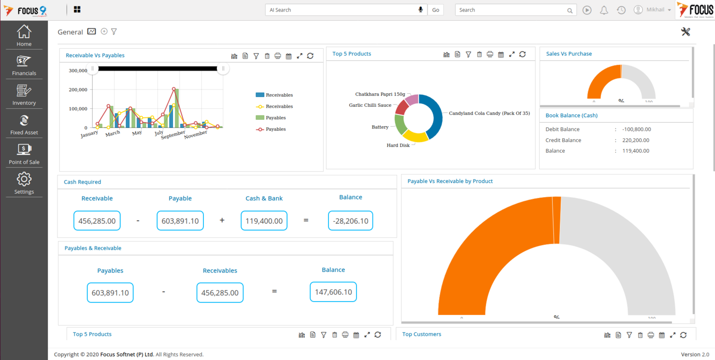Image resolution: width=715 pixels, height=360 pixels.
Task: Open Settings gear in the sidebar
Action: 24,180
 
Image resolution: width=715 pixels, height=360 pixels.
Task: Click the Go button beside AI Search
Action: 435,10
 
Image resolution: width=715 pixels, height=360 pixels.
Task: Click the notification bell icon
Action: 604,10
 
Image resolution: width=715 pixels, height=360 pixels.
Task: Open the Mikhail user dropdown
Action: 653,10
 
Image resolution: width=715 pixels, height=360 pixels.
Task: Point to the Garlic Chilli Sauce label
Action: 370,105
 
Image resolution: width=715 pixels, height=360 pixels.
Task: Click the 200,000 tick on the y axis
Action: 78,90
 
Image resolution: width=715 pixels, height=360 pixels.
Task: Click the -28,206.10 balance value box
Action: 350,221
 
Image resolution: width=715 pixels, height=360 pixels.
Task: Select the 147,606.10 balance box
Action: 333,292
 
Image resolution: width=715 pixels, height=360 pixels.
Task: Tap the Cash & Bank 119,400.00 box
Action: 264,221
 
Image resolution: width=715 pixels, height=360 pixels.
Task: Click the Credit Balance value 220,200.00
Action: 635,140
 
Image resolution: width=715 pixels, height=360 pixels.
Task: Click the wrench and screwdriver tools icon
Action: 686,32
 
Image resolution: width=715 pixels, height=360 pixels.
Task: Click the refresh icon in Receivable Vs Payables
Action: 310,56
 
